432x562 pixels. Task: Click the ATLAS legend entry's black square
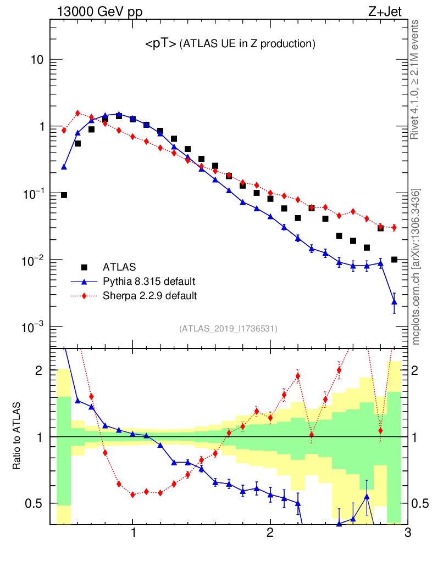tap(84, 267)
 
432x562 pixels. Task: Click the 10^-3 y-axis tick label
tap(33, 328)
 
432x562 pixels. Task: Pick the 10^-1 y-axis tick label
tap(33, 194)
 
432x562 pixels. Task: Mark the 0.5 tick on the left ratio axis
tap(34, 503)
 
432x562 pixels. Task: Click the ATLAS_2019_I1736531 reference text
tap(228, 329)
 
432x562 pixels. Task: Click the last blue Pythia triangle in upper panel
tap(394, 301)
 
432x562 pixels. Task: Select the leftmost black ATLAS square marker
tap(64, 195)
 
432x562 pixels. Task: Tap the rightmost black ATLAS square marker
tap(394, 260)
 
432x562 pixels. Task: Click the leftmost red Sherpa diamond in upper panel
tap(64, 130)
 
